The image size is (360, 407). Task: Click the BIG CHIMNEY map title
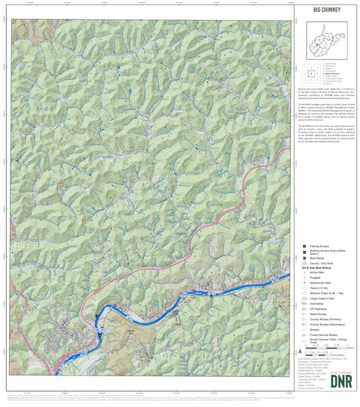(324, 11)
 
